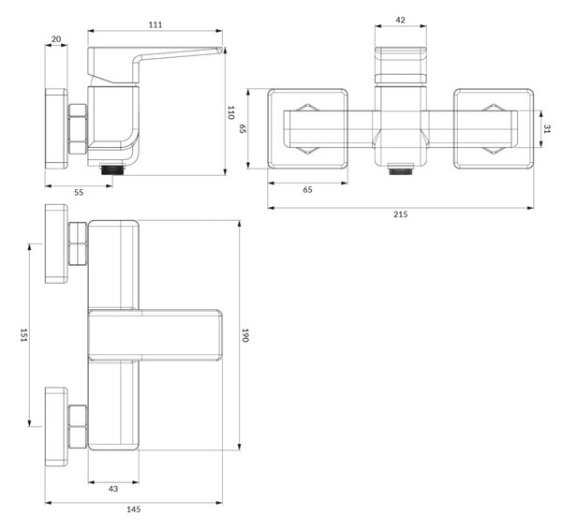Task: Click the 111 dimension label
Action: (x=155, y=24)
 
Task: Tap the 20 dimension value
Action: (x=56, y=39)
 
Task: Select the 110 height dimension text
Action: (x=230, y=112)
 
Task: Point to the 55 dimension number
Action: (x=79, y=193)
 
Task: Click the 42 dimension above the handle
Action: (x=400, y=20)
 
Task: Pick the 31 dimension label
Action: (x=547, y=129)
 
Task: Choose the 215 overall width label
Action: (x=400, y=214)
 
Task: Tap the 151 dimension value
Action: (x=23, y=335)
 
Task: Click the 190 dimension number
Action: (x=245, y=335)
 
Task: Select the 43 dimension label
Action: (x=113, y=489)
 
